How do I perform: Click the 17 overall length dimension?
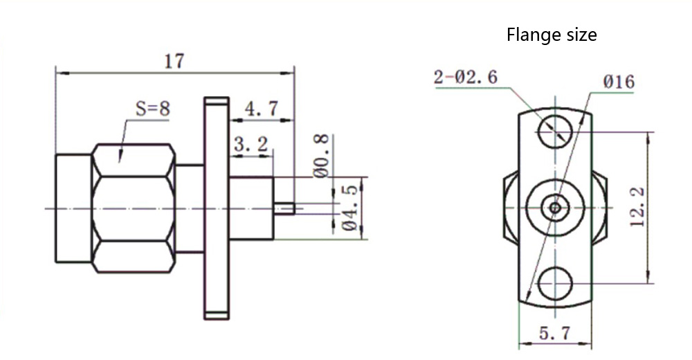[x=174, y=61]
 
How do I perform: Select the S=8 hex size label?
[x=152, y=109]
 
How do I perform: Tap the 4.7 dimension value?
[x=262, y=109]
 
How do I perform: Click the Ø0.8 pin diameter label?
[x=321, y=156]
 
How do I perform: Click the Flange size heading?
[x=551, y=35]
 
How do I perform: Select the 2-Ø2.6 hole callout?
[x=465, y=77]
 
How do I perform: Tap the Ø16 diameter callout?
[x=618, y=82]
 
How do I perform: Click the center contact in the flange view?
[x=554, y=206]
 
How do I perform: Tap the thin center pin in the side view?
[x=285, y=208]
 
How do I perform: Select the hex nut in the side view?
[x=133, y=208]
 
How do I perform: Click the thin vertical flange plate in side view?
[x=216, y=208]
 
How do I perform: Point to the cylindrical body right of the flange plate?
[x=252, y=208]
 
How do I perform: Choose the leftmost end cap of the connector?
[x=73, y=208]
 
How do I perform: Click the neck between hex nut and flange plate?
[x=189, y=208]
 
